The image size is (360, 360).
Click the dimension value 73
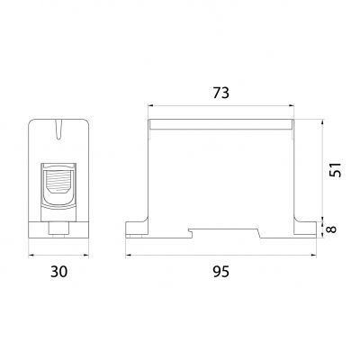(221, 93)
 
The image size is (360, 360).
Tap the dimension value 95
(221, 272)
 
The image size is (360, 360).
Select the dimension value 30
(58, 272)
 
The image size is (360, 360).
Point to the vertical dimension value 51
(335, 170)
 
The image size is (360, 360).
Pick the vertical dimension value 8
(331, 229)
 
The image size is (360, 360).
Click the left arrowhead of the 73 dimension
(150, 105)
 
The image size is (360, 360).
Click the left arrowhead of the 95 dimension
(129, 256)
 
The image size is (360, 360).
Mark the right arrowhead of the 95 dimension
(314, 256)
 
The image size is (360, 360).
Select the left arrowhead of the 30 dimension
(31, 256)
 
